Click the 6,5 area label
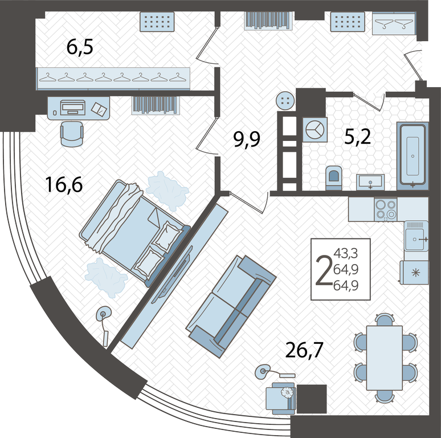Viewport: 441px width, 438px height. (x=80, y=47)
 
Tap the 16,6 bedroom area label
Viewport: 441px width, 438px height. (x=64, y=185)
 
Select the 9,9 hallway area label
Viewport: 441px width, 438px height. (x=247, y=140)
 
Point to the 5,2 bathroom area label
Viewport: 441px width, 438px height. (x=358, y=137)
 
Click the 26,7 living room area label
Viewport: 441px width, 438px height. (x=304, y=350)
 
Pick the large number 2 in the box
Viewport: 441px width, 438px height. (x=324, y=270)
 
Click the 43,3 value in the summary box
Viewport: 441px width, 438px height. (x=346, y=253)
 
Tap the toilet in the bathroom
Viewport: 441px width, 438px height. (x=334, y=177)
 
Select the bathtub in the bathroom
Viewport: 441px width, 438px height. (x=413, y=156)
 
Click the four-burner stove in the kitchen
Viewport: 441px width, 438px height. (x=386, y=209)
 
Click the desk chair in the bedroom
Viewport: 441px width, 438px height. (x=72, y=133)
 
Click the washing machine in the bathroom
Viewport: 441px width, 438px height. (x=315, y=130)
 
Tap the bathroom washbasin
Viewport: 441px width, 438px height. (x=370, y=182)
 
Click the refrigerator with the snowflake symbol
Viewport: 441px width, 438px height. (x=415, y=272)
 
